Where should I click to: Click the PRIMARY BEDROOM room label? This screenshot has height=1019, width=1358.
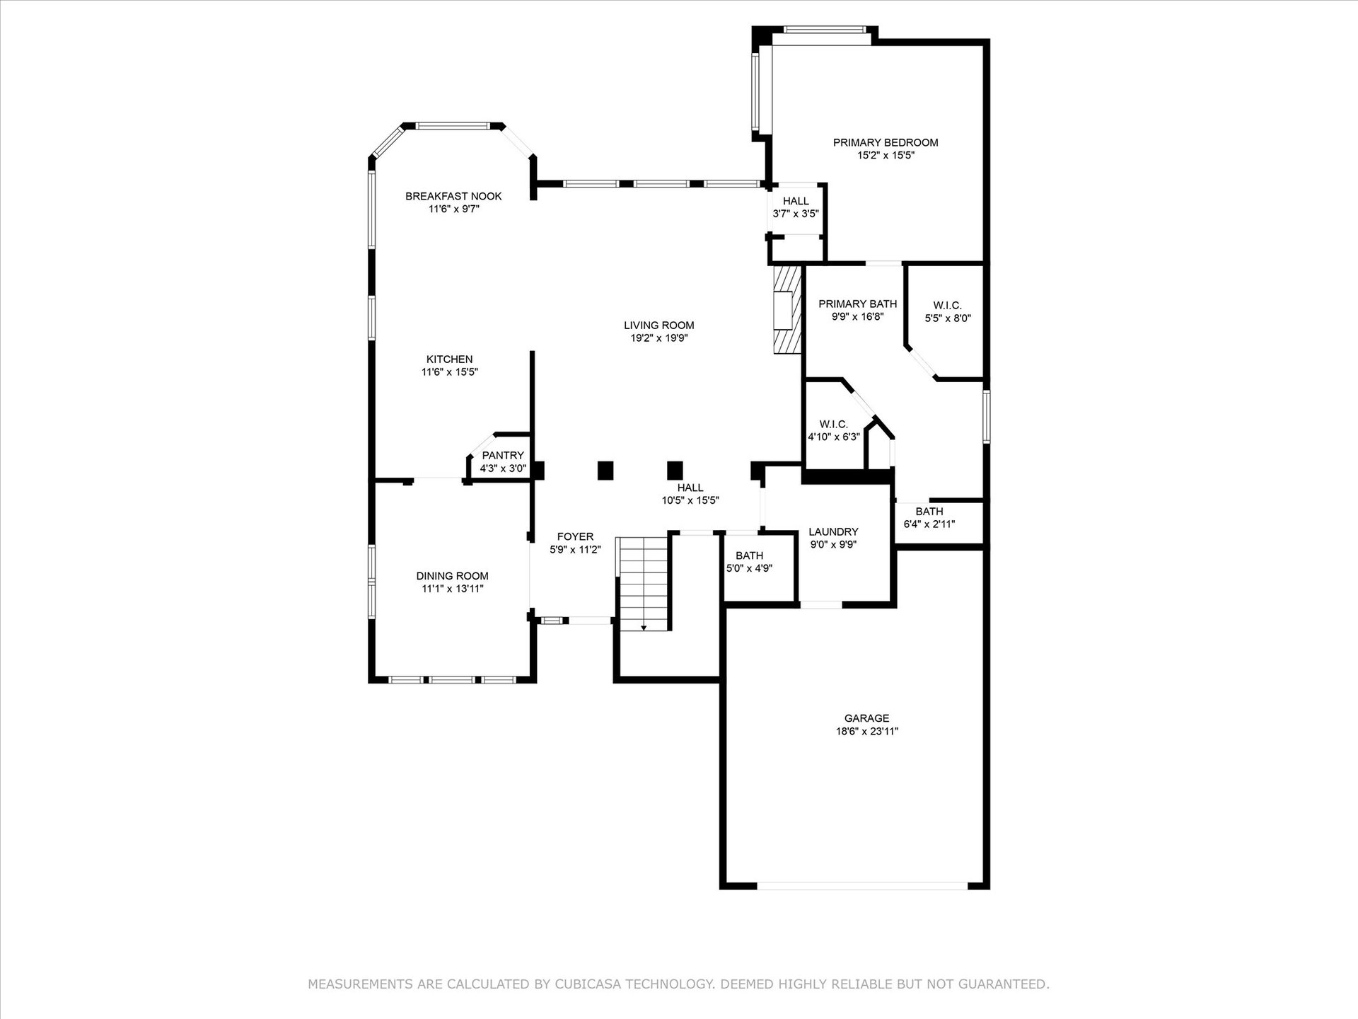coord(886,142)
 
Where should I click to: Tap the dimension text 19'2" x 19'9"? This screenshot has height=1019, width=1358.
coord(659,338)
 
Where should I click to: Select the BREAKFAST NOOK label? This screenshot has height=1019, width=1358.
coord(453,196)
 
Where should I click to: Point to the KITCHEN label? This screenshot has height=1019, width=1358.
coord(450,359)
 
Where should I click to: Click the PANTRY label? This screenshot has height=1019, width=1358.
coord(503,456)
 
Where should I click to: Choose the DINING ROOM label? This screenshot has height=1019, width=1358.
coord(452,576)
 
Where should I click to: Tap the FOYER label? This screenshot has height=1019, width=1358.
coord(575,536)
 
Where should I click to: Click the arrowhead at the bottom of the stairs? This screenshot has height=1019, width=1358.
coord(644,627)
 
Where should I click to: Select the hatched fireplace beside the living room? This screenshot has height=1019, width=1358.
coord(787,309)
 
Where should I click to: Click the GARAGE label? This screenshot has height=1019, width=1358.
coord(867,718)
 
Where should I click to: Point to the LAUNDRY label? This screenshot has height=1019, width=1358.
coord(833,532)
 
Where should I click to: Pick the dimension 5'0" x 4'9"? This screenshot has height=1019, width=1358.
coord(750,568)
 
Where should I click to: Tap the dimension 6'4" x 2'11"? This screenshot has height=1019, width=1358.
coord(929,524)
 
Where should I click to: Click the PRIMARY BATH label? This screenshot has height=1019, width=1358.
coord(858,304)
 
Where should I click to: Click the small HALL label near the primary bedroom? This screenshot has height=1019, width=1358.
coord(796,201)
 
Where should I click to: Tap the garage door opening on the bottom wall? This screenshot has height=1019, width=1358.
coord(862,885)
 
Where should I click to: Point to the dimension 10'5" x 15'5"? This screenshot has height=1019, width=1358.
coord(690,500)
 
